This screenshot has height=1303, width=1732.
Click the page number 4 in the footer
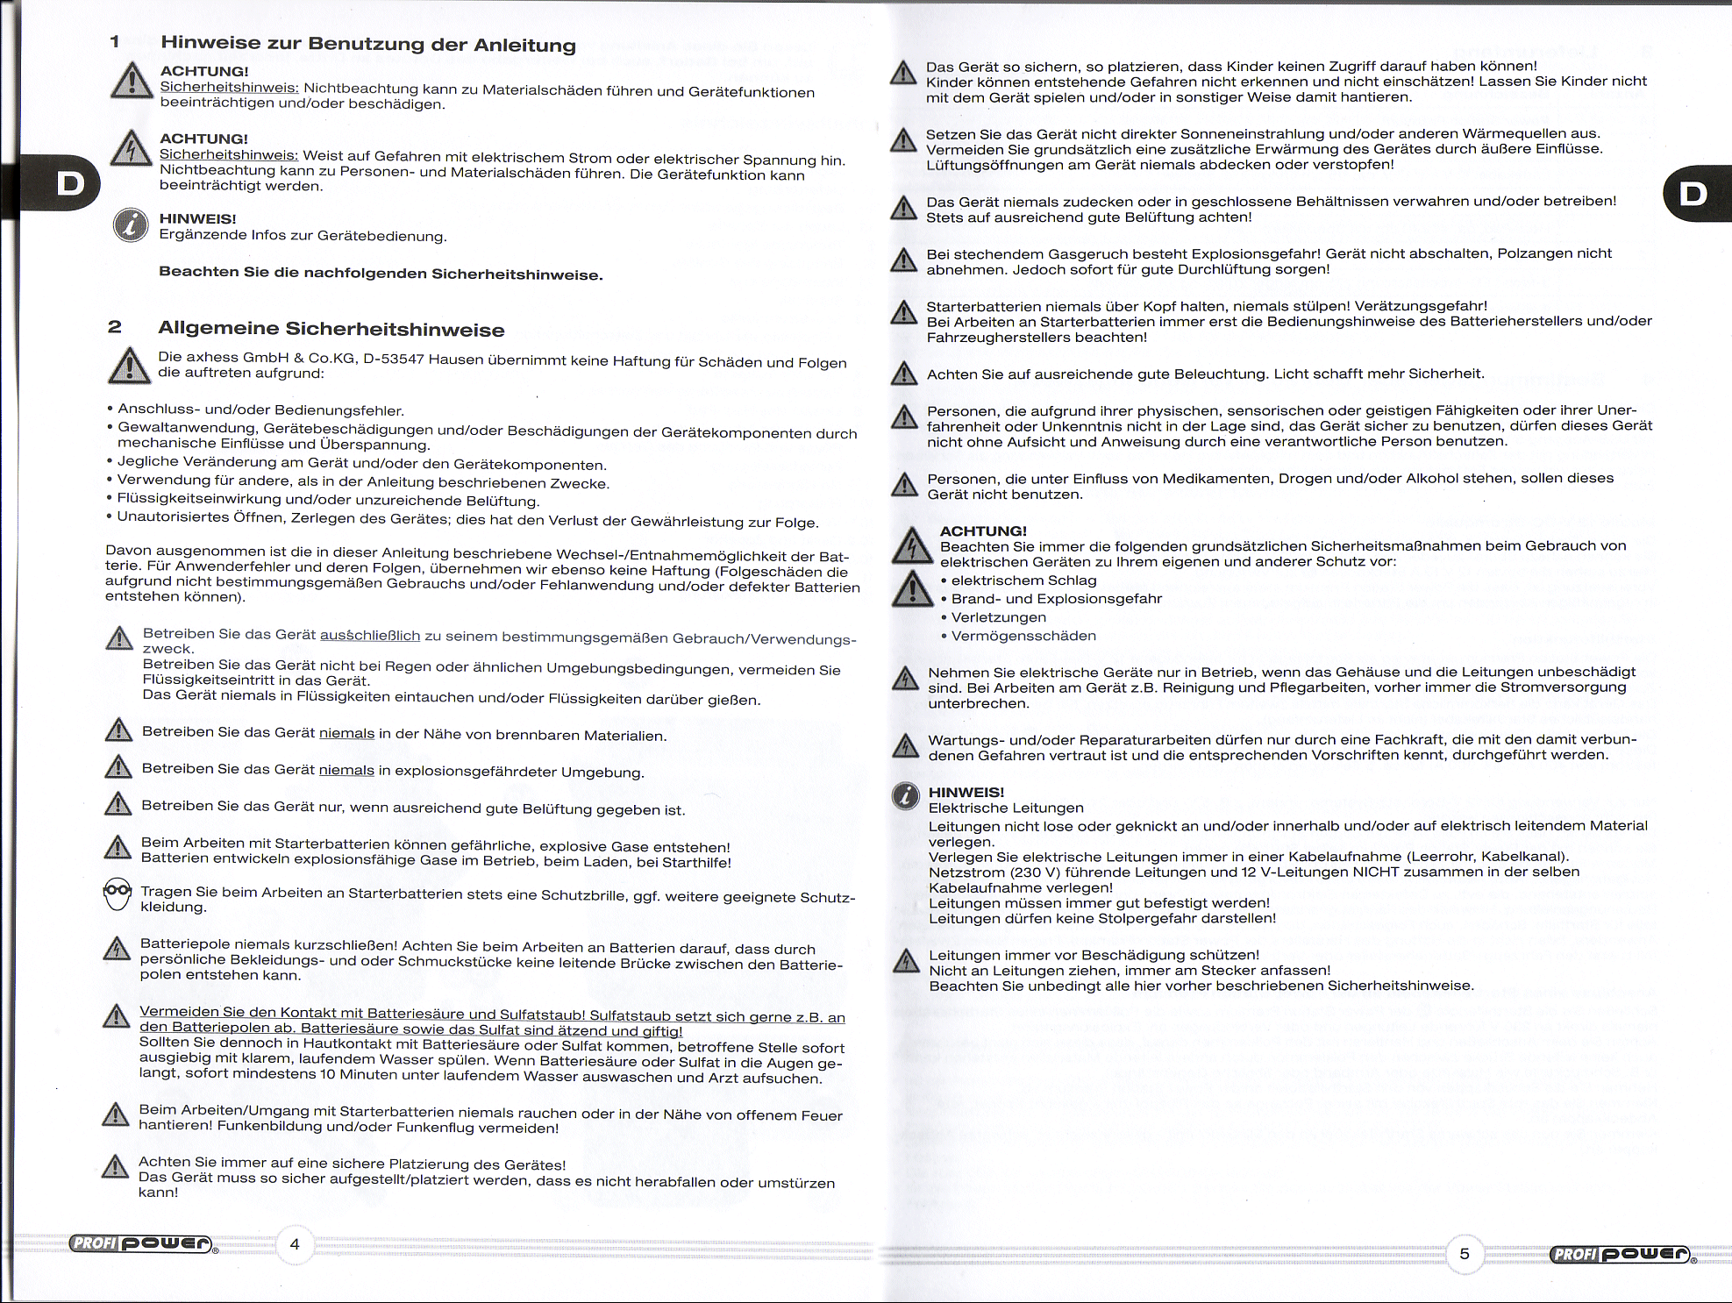click(295, 1244)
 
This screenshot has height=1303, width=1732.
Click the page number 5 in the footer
click(1464, 1254)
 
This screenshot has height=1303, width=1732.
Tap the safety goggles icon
click(118, 894)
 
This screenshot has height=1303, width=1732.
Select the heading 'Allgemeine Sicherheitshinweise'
click(331, 330)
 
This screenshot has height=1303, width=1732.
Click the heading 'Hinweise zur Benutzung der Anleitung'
click(368, 44)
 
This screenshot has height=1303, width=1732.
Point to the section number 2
click(115, 327)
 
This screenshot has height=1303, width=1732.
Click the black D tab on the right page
click(1694, 194)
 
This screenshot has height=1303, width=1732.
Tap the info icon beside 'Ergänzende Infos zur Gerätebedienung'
click(131, 225)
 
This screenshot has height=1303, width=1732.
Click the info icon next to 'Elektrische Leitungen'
click(906, 795)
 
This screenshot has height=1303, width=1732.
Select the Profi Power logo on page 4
click(142, 1243)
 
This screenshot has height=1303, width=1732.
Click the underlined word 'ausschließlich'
click(370, 636)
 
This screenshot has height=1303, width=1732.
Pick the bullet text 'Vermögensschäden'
click(1023, 636)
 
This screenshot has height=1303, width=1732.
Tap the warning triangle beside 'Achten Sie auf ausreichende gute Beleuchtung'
click(904, 374)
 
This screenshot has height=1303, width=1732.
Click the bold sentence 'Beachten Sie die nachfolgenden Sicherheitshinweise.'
click(381, 274)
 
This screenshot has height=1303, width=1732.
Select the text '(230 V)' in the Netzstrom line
click(1039, 872)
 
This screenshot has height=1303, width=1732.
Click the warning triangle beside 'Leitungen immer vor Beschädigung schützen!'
click(906, 961)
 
